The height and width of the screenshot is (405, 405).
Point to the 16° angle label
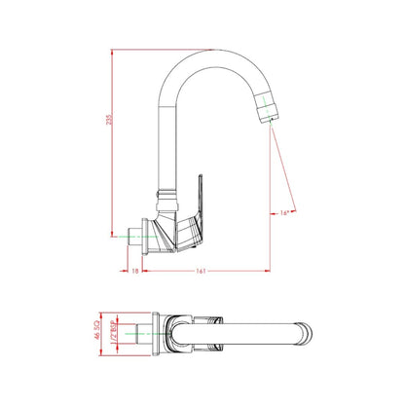[x=283, y=210]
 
